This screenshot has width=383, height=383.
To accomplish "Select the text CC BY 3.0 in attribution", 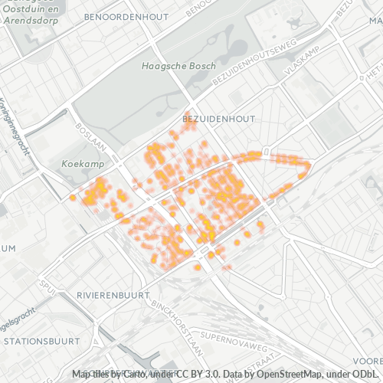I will click(x=194, y=374).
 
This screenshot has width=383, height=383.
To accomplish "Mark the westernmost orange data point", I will click(x=73, y=198).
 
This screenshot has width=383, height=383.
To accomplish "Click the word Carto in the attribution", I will click(x=137, y=374).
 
